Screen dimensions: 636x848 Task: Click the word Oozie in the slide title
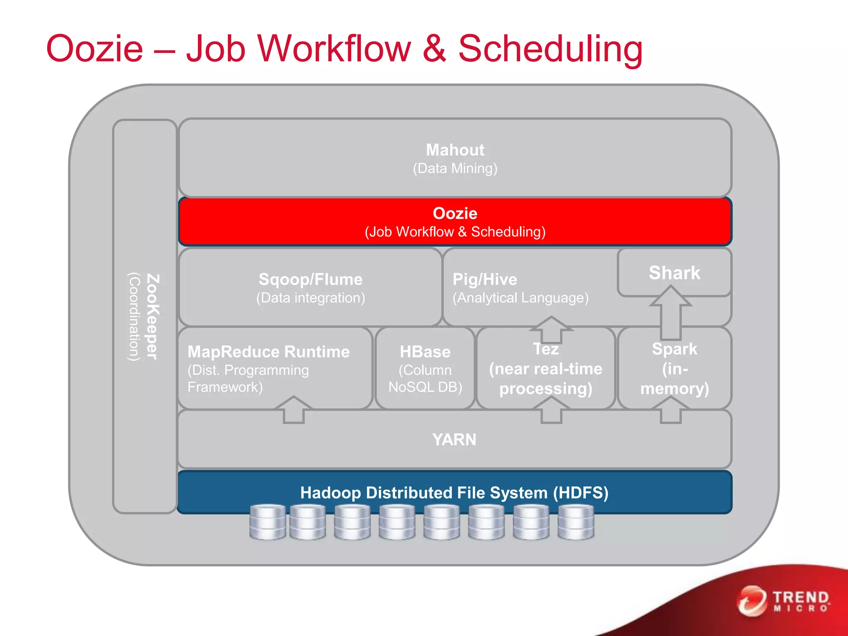tap(94, 49)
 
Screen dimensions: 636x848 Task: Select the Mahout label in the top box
tap(455, 150)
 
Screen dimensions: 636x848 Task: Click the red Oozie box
tap(455, 222)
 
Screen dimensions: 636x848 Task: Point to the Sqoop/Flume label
tap(310, 279)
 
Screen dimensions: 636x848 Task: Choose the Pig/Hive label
tap(484, 279)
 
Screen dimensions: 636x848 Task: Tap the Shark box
tap(674, 273)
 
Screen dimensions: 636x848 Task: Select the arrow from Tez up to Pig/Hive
tap(551, 329)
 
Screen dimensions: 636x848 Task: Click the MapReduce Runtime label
tap(268, 352)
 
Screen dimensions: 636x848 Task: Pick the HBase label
tap(425, 352)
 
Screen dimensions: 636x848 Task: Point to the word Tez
tap(546, 349)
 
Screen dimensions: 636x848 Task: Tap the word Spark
tap(674, 349)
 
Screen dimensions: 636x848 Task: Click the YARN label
tap(454, 440)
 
